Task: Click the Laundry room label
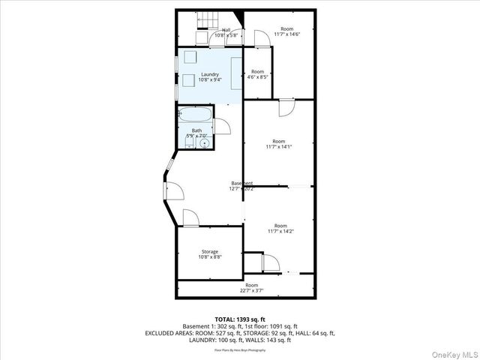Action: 210,74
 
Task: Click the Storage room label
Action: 209,251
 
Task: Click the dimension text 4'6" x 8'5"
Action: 257,76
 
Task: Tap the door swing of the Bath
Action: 221,127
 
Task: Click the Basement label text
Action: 241,183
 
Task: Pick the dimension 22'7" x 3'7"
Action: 251,290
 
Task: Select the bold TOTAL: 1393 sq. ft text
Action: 240,319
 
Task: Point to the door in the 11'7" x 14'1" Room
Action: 286,109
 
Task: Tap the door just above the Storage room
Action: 190,218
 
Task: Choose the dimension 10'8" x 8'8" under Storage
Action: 209,257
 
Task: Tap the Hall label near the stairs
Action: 226,30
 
